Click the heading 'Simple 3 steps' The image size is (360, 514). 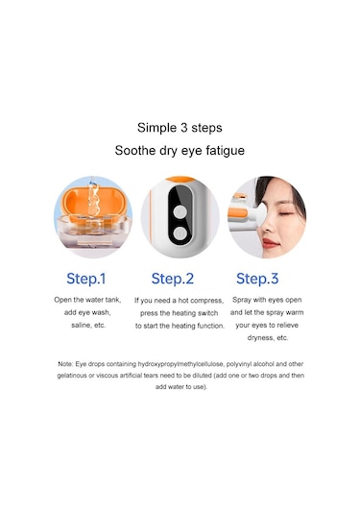tap(180, 128)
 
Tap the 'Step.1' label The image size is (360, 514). tap(86, 279)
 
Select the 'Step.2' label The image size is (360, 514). tap(173, 279)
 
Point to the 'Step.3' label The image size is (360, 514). tap(257, 279)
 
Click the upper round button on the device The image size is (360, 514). tap(180, 211)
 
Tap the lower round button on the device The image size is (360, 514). tap(180, 234)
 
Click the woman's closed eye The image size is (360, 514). tap(286, 213)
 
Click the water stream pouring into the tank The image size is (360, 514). tap(93, 198)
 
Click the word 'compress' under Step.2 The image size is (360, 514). tap(206, 301)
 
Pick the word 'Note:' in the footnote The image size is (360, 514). tap(65, 364)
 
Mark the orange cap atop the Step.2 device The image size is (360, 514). tap(180, 179)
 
